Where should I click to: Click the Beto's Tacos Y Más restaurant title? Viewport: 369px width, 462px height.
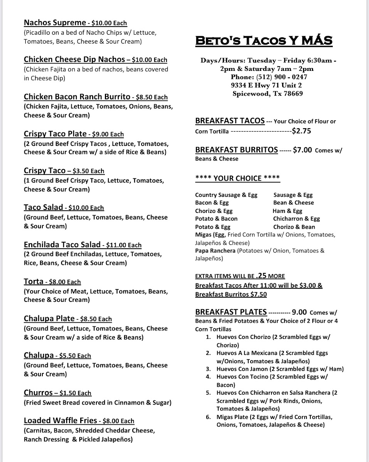point(264,40)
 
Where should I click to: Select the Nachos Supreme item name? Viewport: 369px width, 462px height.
point(54,23)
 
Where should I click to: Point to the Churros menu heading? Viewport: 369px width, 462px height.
point(38,393)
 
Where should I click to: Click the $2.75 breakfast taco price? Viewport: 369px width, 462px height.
point(302,131)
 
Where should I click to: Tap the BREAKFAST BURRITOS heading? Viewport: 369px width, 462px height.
point(236,150)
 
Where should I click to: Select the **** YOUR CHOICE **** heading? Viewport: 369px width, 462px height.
point(238,178)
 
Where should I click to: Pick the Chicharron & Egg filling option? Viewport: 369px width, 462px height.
point(297,219)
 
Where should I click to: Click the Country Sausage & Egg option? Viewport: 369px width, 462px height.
point(226,195)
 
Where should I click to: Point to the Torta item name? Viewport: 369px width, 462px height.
point(33,281)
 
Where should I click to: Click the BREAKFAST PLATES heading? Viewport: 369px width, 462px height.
point(231,312)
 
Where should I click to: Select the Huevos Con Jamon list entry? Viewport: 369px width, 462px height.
point(244,369)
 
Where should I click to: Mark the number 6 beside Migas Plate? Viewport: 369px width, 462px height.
point(208,417)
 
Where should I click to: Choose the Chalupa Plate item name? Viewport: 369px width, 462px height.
point(49,318)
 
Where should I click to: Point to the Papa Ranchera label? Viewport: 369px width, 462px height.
point(215,251)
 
